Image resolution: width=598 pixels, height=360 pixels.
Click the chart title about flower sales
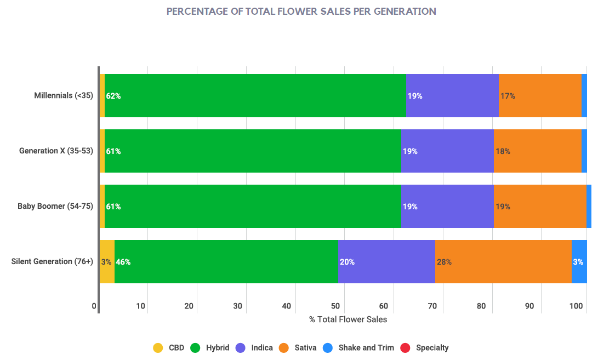(x=301, y=11)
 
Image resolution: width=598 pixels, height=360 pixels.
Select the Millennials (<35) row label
(x=63, y=95)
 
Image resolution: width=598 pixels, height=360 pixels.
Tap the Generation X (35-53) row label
(x=56, y=151)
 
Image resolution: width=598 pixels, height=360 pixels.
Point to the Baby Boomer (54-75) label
(x=55, y=206)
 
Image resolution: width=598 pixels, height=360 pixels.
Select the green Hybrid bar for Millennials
(x=255, y=95)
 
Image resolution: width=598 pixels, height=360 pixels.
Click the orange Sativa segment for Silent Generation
(x=503, y=261)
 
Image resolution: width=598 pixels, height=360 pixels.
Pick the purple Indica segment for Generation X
(x=447, y=151)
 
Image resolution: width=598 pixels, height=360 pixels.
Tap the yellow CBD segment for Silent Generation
(x=106, y=261)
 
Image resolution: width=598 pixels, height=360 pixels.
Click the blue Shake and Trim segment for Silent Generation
(x=579, y=261)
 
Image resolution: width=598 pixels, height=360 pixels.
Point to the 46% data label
(x=123, y=262)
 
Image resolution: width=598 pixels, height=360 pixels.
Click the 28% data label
(x=444, y=262)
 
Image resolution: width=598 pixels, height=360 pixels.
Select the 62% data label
(x=113, y=96)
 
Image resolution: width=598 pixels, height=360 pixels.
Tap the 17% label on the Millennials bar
(x=508, y=96)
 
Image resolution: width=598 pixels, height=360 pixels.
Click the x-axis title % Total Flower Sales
(x=348, y=319)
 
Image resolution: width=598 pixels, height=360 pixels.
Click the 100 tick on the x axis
(x=576, y=306)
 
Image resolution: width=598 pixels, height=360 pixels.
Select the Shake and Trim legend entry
(x=359, y=347)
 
